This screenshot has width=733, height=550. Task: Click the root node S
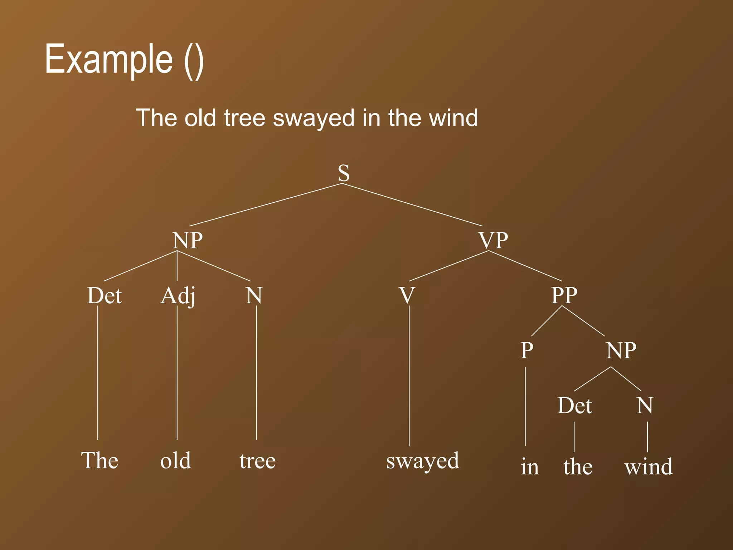(344, 173)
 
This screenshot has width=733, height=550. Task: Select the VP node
(494, 240)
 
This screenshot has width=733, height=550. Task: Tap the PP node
(564, 295)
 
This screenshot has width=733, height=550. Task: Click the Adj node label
(178, 296)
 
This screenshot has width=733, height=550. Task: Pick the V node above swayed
(407, 296)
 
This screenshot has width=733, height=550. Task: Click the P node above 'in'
(526, 350)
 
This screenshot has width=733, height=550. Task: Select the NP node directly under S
(187, 240)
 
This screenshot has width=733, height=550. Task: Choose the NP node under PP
(621, 350)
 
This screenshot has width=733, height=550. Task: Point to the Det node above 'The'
(104, 296)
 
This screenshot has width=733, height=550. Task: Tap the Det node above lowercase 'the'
(574, 406)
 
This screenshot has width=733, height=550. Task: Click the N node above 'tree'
(254, 296)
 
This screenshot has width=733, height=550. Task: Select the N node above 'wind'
(645, 406)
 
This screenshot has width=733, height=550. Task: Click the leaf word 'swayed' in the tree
(422, 461)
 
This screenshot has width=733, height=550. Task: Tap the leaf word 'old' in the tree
(175, 460)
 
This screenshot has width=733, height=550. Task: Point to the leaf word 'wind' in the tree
(649, 467)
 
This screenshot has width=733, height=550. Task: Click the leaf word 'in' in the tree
(530, 467)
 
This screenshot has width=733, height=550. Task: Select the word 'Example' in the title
(109, 59)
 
